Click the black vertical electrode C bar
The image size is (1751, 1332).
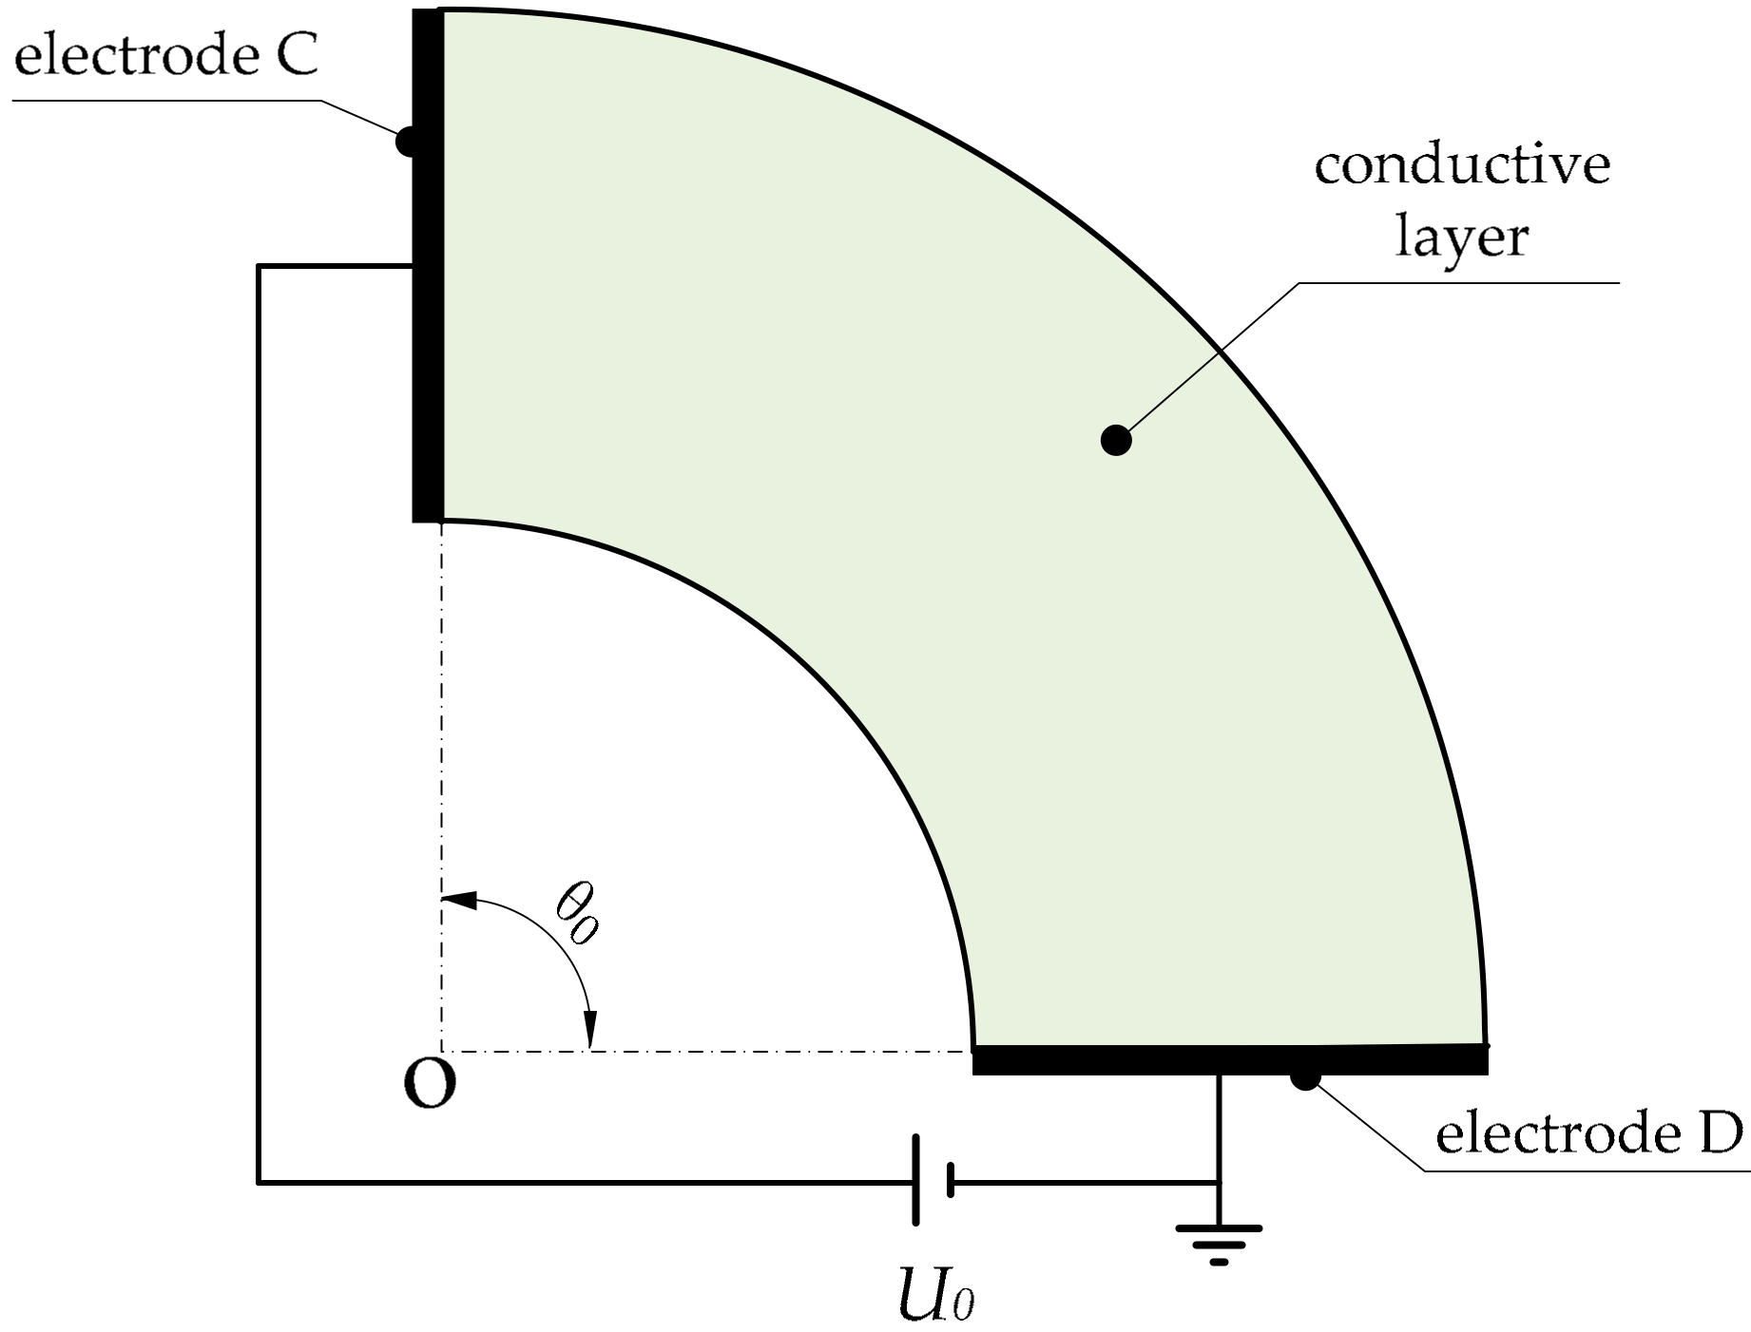pyautogui.click(x=427, y=266)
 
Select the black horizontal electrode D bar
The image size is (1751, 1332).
pyautogui.click(x=1229, y=1059)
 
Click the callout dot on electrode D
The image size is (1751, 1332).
pyautogui.click(x=1304, y=1076)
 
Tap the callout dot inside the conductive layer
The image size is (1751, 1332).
pyautogui.click(x=1115, y=441)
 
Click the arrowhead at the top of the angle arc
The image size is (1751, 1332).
pyautogui.click(x=459, y=899)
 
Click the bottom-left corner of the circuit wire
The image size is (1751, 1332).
pyautogui.click(x=259, y=1182)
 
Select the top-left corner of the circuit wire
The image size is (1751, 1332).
pyautogui.click(x=259, y=267)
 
